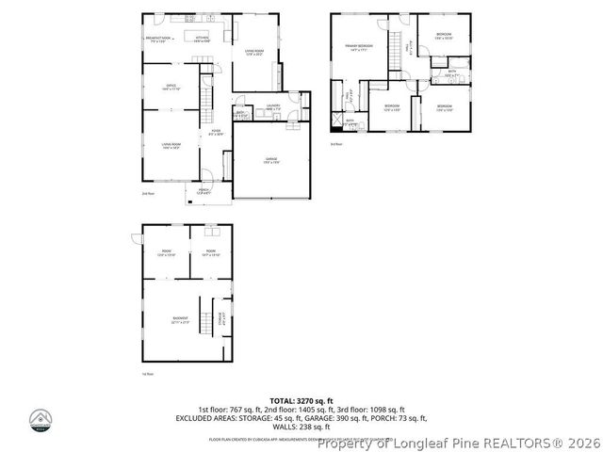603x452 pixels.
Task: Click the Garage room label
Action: point(270,161)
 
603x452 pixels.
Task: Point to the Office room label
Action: point(171,88)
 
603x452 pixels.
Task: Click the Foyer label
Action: point(216,132)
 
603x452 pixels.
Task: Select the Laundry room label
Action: point(273,107)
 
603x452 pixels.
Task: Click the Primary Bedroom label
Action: point(358,46)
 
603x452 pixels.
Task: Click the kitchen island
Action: point(199,39)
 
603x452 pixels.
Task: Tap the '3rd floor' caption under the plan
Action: point(335,144)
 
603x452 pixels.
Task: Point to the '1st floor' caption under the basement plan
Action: point(148,374)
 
